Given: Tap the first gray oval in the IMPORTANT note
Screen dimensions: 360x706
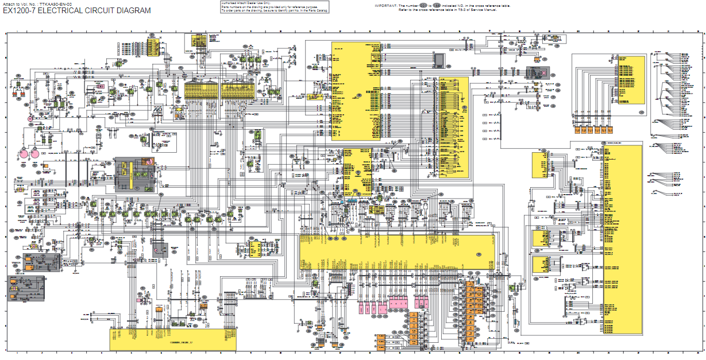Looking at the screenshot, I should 424,5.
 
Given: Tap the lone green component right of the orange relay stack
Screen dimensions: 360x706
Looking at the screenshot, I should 510,287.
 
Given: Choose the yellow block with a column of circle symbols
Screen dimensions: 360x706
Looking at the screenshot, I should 453,127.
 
